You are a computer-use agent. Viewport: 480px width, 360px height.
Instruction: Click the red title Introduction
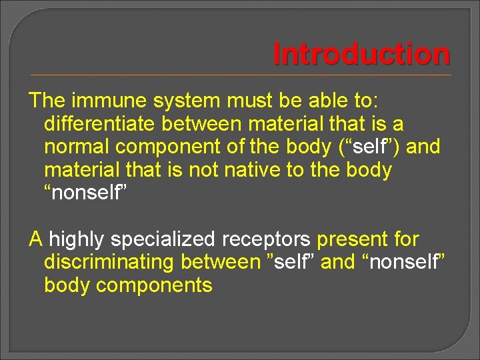click(361, 55)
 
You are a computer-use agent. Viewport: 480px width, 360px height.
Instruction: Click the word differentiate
click(99, 124)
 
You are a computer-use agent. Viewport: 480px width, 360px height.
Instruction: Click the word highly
click(79, 239)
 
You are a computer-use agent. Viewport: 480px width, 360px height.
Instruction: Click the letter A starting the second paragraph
click(36, 239)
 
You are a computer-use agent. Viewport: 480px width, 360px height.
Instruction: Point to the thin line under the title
click(240, 75)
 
